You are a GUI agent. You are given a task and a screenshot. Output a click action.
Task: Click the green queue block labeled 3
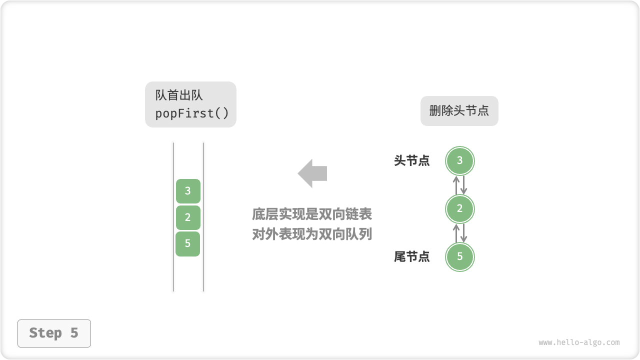point(188,191)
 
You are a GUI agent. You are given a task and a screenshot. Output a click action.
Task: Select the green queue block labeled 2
point(188,217)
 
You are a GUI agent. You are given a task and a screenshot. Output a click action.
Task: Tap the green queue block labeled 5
point(188,244)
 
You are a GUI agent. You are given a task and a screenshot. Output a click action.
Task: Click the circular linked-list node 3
point(459,161)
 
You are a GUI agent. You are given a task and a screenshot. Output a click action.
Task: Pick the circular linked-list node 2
point(459,209)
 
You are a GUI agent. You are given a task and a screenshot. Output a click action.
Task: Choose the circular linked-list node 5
point(459,257)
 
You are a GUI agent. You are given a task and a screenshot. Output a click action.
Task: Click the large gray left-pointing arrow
point(312,173)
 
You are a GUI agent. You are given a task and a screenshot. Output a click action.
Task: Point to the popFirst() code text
point(191,113)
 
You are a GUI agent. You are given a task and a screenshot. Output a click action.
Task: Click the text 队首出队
point(179,95)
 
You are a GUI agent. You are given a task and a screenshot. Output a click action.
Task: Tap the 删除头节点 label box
point(459,111)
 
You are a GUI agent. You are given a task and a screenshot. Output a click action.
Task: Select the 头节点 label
point(411,161)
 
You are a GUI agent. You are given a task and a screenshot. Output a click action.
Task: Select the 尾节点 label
point(411,257)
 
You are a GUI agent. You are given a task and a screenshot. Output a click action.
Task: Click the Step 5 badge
point(54,333)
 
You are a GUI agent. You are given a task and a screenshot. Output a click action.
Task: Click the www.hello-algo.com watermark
point(579,342)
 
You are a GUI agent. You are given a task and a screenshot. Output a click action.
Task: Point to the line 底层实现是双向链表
point(312,214)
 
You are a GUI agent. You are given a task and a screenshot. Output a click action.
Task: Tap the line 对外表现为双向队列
point(312,234)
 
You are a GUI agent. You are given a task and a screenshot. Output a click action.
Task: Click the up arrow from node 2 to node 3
point(455,185)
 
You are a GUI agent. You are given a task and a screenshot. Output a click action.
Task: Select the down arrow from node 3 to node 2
point(463,185)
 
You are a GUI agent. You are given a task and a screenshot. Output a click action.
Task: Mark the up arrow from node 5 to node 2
point(455,233)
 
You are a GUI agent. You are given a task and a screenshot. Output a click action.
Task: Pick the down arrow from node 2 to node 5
point(463,233)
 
